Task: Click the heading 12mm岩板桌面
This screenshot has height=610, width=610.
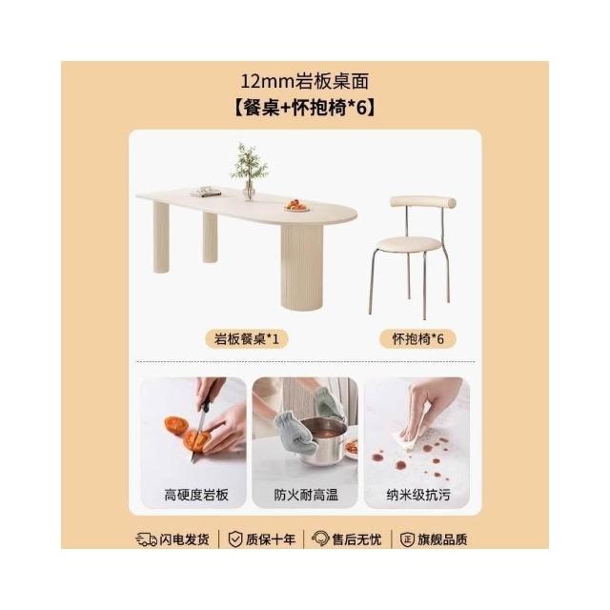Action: [305, 82]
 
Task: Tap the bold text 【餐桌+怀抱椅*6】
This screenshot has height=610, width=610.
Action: [305, 108]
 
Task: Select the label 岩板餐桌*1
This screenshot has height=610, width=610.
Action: [247, 339]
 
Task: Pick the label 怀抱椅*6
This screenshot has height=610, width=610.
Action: [417, 339]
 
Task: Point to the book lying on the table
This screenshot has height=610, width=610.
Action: [206, 192]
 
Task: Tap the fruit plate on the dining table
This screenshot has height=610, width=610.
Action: [296, 206]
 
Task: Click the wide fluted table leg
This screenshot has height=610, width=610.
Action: [302, 268]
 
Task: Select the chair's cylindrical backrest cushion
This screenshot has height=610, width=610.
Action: [423, 202]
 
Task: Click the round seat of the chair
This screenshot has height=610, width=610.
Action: [409, 244]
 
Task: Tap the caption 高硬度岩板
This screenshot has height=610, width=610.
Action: [196, 495]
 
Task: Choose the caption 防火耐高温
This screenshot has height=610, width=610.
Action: [306, 495]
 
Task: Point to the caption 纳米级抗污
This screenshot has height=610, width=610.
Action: [418, 495]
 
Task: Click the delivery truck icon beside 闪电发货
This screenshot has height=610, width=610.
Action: [146, 539]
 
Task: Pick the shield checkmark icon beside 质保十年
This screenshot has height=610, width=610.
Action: [235, 539]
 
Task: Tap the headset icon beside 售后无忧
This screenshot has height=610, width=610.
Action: [320, 539]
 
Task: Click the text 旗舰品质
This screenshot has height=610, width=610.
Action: [442, 539]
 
